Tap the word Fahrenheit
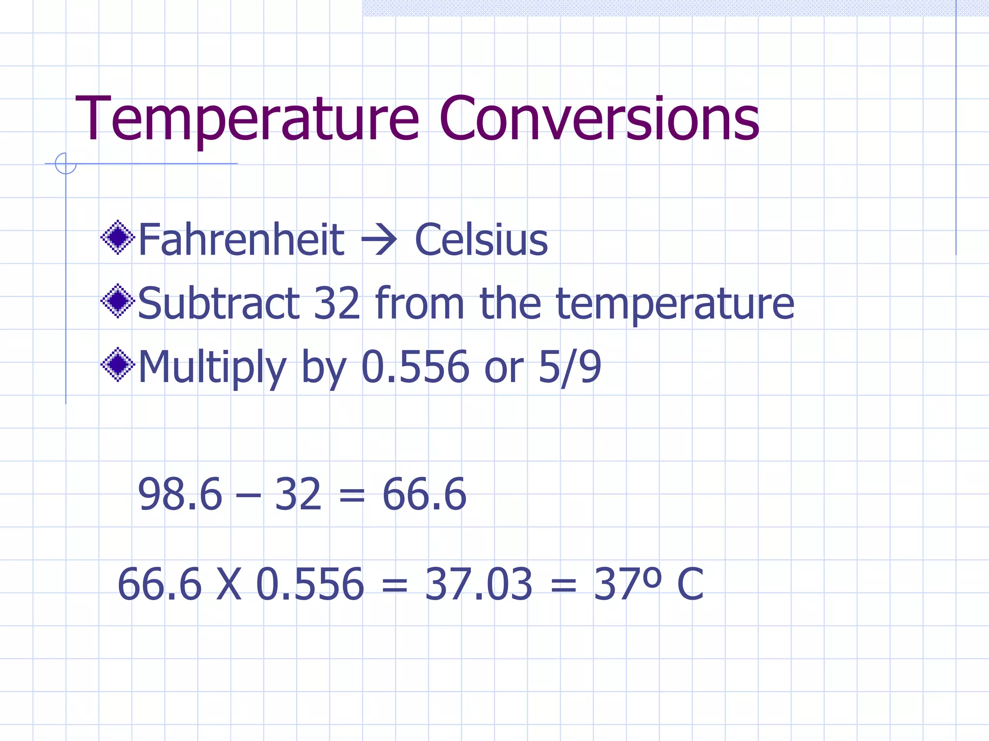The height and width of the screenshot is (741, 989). coord(241,240)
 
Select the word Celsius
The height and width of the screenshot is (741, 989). coord(481,240)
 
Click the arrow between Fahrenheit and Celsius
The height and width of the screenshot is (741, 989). coord(380,240)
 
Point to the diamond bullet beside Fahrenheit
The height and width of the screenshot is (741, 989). coord(118,237)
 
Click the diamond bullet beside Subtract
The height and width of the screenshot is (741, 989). coord(118,301)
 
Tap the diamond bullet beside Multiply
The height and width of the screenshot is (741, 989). coord(118,365)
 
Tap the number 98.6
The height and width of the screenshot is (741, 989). coord(180,494)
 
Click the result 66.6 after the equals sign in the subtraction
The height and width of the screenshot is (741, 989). coord(424,494)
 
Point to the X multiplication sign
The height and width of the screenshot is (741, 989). coord(228,585)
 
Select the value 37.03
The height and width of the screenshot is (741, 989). coord(479,585)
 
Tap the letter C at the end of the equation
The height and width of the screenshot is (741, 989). coord(690,585)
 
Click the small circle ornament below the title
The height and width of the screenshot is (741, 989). coord(66,164)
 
